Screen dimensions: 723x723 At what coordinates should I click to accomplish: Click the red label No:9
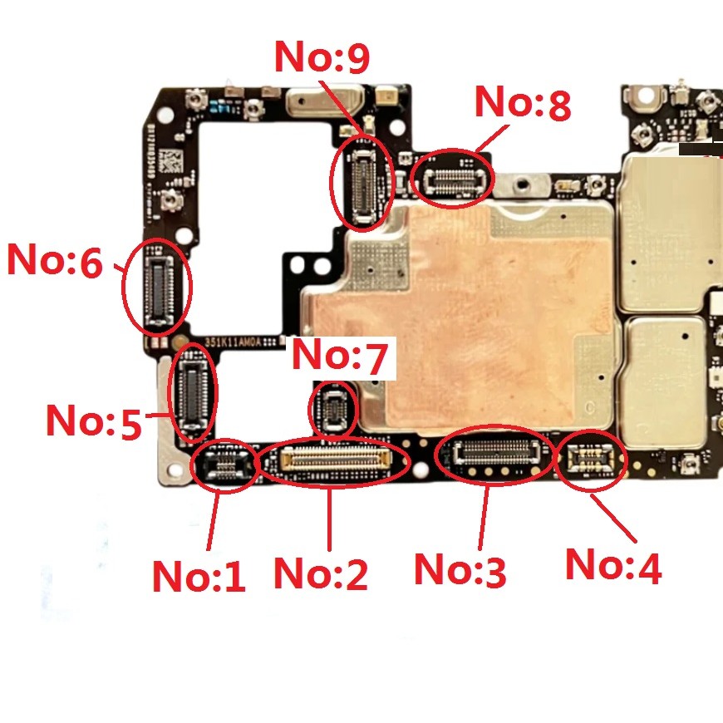pos(322,57)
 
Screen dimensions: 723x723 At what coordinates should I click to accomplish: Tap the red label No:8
pos(523,103)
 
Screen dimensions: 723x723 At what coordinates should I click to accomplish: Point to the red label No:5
pos(93,421)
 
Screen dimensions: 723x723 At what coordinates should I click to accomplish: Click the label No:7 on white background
pos(340,357)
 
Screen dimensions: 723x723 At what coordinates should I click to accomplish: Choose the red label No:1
pos(199,575)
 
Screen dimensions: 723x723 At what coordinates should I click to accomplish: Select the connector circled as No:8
pos(454,176)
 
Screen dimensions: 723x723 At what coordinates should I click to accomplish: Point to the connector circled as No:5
pos(193,393)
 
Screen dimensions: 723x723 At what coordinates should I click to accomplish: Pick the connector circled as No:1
pos(224,465)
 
